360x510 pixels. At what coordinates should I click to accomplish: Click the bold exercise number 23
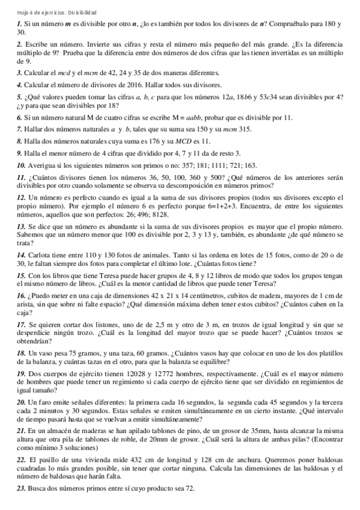[x=21, y=490]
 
